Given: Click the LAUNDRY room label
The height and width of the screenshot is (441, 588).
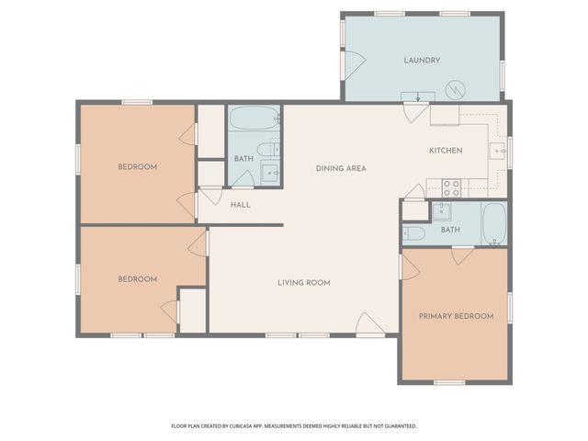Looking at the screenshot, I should [422, 61].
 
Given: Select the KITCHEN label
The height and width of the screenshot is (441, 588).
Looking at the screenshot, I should [446, 151].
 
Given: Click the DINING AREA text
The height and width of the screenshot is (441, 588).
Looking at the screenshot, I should [341, 168].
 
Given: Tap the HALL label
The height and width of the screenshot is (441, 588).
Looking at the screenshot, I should [240, 204].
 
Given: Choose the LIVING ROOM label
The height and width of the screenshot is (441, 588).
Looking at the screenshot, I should [303, 282].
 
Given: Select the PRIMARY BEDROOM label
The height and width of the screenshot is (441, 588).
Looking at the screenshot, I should [456, 316].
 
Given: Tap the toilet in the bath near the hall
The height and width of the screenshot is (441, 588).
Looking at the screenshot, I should [266, 150].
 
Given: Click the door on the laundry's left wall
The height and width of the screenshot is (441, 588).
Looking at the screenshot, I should [352, 62].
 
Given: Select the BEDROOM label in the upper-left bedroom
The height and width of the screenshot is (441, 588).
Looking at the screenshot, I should [137, 166].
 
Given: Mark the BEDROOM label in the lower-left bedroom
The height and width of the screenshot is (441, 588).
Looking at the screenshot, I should [137, 278].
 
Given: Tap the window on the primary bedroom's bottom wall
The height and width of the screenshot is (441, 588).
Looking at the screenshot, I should [449, 381].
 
